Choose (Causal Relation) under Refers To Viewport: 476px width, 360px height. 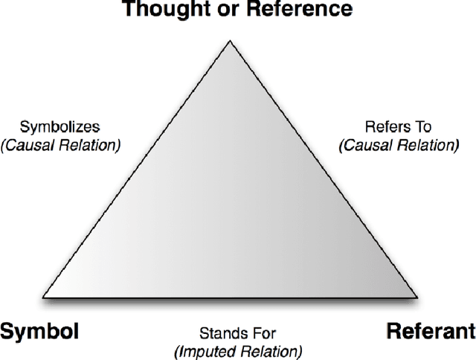point(398,144)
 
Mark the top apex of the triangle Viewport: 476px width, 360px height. point(231,42)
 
